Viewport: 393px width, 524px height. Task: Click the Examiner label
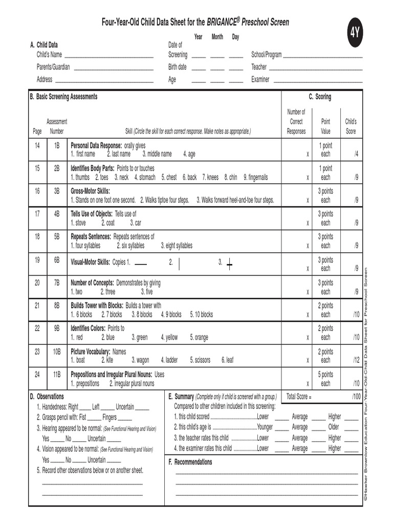260,79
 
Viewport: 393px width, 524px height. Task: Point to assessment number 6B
57,260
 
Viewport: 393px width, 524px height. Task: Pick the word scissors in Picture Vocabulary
200,360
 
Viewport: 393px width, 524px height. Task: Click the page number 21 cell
37,305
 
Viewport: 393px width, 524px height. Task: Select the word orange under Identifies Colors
199,337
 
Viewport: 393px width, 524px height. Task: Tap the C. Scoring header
319,97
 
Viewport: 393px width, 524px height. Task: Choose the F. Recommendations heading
190,462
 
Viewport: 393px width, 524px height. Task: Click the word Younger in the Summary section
265,427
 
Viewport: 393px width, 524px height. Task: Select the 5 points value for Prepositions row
325,375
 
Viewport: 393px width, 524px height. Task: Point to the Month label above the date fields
217,37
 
